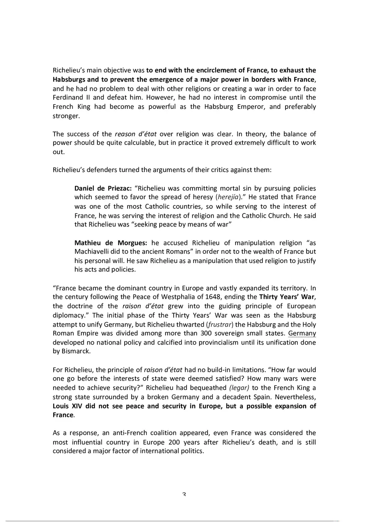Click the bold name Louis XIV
coord(69,406)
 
